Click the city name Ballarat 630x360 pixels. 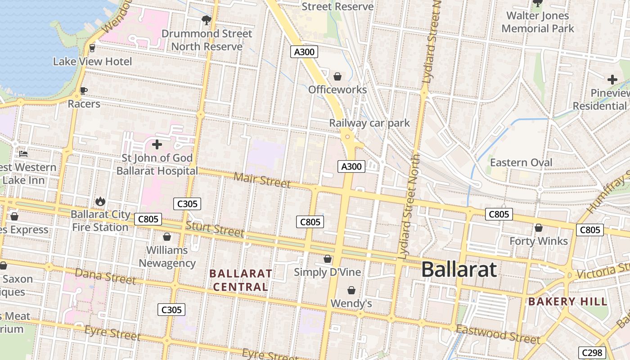(459, 270)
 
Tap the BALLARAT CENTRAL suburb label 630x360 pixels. (241, 280)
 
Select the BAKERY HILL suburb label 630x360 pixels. (568, 301)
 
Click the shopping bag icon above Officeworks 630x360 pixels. (337, 76)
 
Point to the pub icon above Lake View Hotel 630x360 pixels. (92, 48)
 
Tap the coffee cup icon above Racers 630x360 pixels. (83, 90)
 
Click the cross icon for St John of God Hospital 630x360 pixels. (157, 144)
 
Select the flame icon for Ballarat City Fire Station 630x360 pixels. (100, 201)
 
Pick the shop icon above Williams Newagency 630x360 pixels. (167, 237)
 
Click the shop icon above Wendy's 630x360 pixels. (351, 291)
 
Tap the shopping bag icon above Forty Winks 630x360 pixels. (538, 228)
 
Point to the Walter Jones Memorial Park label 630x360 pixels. (537, 22)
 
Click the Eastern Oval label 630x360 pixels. (521, 162)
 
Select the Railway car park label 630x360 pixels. (369, 123)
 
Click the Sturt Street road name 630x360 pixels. (215, 229)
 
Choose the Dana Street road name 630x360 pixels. (105, 276)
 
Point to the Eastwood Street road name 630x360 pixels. (498, 334)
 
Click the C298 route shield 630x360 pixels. (592, 353)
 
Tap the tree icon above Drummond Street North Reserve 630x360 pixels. (207, 20)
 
